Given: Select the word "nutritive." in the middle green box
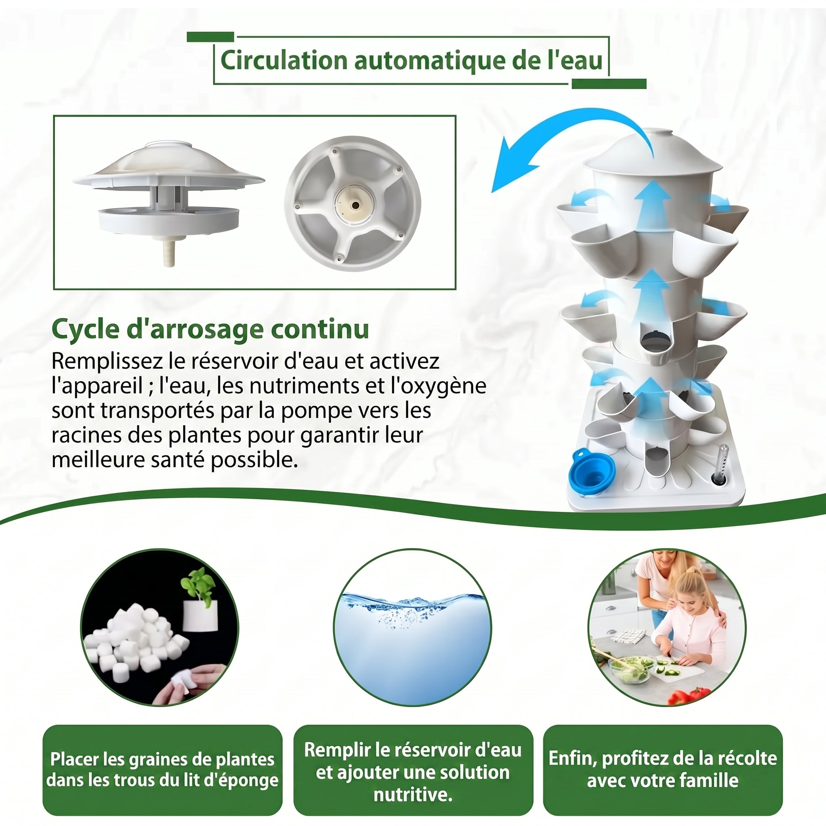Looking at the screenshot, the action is [413, 795].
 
